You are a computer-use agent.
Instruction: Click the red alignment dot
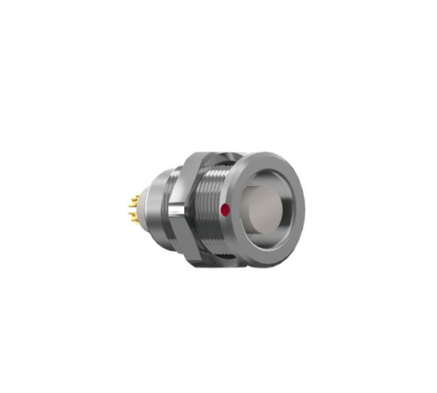coord(225,210)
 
